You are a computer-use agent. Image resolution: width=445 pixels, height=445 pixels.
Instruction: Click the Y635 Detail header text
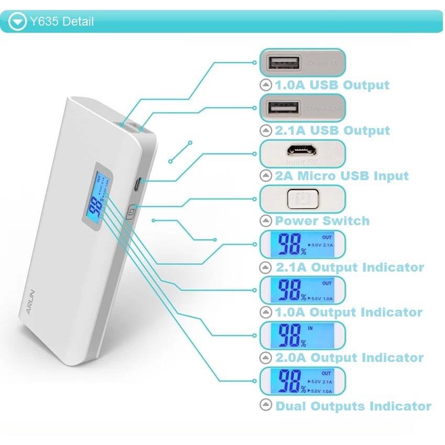point(62,21)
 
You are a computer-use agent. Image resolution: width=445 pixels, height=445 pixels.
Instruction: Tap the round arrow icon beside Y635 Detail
point(18,21)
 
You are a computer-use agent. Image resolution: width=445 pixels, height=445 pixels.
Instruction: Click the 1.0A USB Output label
point(332,85)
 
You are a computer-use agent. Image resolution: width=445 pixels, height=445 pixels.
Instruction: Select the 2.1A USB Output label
point(332,130)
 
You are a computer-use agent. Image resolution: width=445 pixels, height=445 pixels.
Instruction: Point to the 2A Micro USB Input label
point(341,176)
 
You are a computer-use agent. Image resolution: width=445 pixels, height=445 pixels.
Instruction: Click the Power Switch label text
point(322,221)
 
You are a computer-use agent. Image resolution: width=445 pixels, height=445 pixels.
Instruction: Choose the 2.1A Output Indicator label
point(350,267)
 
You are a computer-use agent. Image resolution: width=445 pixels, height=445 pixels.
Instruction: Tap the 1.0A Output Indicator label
point(349,313)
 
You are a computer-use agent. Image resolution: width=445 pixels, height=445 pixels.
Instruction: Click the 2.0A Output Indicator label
point(349,358)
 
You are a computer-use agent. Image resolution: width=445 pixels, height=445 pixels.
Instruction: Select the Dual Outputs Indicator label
point(353,406)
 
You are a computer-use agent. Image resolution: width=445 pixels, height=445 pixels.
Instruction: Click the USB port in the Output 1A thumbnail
point(284,63)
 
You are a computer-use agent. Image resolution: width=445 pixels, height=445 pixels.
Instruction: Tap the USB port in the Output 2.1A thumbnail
point(284,108)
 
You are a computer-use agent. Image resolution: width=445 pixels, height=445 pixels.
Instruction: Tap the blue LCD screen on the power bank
point(99,197)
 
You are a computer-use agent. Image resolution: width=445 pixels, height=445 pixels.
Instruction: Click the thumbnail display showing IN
point(303,336)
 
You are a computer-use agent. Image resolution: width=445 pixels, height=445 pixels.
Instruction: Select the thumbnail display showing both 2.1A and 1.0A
point(303,381)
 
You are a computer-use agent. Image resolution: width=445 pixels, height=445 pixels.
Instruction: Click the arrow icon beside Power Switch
point(266,221)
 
